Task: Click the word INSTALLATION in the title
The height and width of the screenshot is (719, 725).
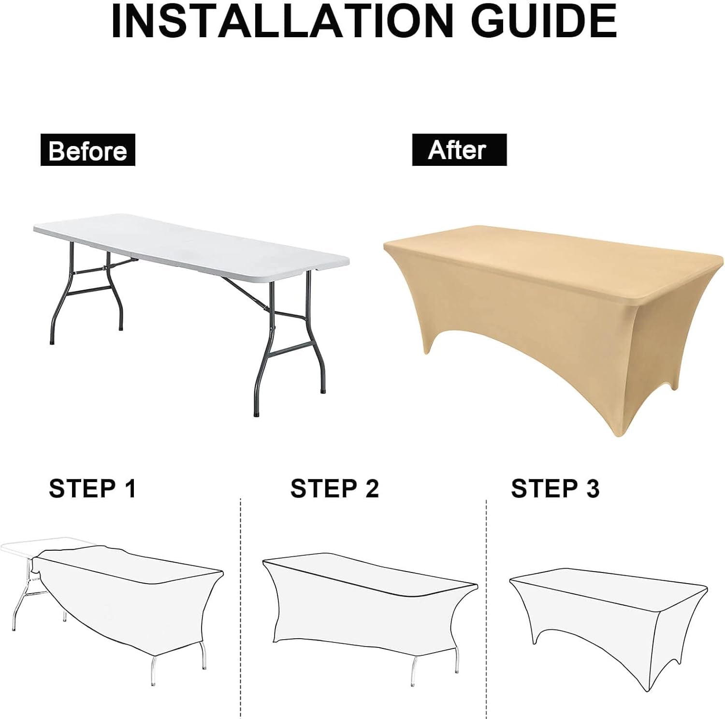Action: click(281, 21)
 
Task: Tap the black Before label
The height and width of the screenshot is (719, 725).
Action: click(88, 150)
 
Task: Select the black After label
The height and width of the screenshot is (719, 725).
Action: click(459, 150)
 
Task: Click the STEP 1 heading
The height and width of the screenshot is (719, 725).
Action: click(93, 488)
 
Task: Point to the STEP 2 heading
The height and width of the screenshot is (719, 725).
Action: click(334, 488)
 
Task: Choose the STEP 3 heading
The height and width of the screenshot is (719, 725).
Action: click(555, 488)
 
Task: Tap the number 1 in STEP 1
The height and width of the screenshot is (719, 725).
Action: click(130, 488)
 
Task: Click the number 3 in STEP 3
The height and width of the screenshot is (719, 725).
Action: click(593, 488)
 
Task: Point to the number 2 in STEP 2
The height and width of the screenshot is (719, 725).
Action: click(372, 488)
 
